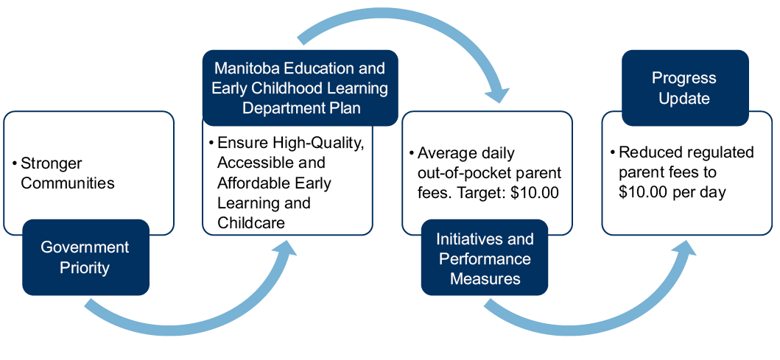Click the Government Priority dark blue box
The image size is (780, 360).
click(85, 257)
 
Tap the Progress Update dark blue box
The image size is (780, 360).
click(685, 88)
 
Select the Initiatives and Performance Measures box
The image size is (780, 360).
click(485, 257)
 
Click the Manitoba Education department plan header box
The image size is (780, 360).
click(301, 88)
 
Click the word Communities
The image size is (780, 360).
click(68, 183)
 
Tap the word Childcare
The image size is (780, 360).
click(251, 222)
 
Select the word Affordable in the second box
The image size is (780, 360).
click(250, 183)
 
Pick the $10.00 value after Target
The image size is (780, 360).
click(535, 193)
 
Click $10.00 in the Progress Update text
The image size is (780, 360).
click(643, 192)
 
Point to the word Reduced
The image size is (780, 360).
click(647, 152)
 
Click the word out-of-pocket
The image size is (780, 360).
click(463, 173)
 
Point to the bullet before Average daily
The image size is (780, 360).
click(412, 154)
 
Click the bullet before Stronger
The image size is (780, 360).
click(15, 163)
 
